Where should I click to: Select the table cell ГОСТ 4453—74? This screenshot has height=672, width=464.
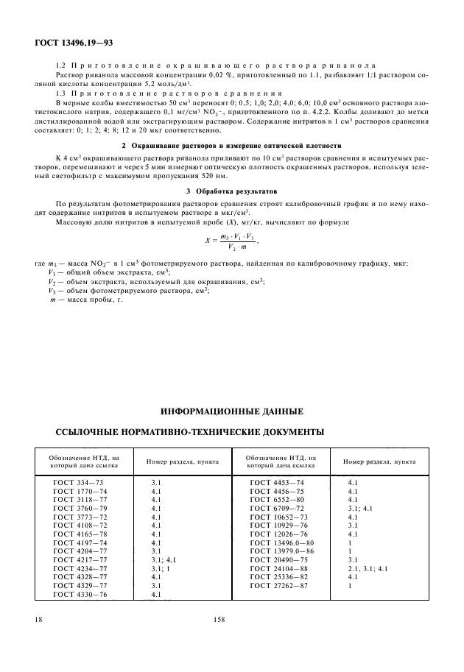(277, 482)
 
